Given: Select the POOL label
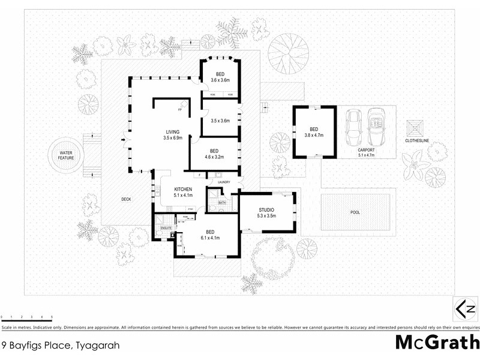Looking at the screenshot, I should [356, 212].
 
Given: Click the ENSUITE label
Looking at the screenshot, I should [166, 229].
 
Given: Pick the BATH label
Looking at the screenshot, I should [221, 203].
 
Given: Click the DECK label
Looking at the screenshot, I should [126, 199].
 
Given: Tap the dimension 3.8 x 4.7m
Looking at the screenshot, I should [314, 136].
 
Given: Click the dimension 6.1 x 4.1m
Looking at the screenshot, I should [209, 238].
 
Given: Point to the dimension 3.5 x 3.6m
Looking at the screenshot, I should [221, 121].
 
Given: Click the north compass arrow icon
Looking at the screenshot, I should [466, 310].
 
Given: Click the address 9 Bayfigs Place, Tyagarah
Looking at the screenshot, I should [60, 345].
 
